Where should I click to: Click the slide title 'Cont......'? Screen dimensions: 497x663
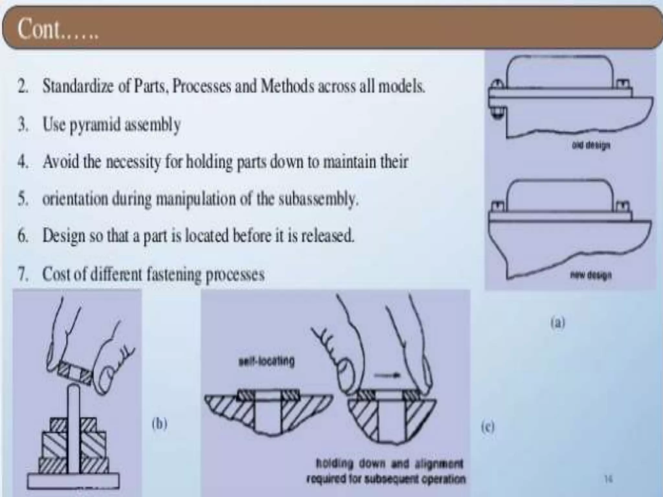(58, 29)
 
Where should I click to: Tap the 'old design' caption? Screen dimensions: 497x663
(591, 145)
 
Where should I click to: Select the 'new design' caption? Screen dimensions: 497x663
(591, 275)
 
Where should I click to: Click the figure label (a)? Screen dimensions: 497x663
(557, 323)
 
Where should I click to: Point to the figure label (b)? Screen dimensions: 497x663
(160, 424)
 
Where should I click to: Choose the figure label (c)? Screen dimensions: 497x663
(488, 427)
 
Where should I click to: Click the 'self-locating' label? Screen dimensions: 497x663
(266, 361)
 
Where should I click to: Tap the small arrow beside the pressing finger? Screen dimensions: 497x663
(387, 375)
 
